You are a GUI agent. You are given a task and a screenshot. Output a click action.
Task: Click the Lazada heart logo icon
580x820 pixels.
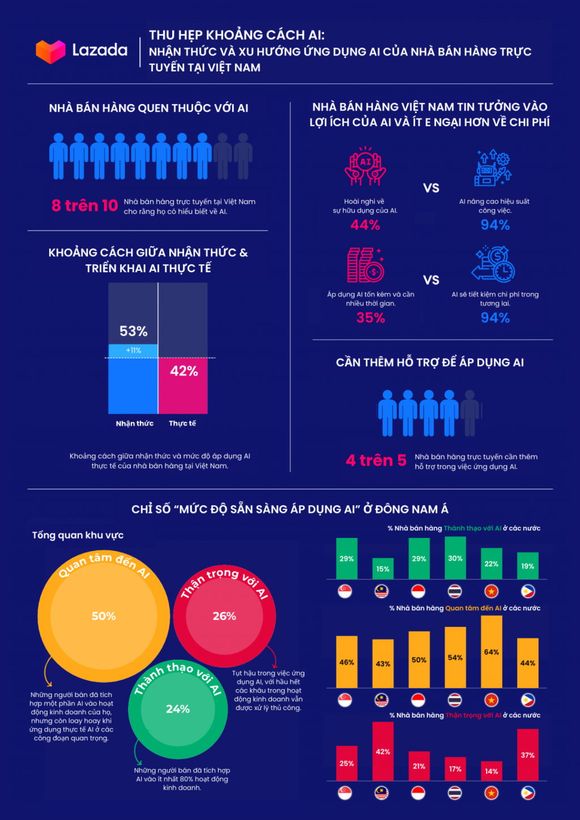point(50,51)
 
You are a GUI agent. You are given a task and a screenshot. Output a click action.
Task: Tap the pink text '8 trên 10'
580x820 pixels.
point(84,206)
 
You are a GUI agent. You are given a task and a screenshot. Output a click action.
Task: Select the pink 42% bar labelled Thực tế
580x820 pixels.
point(183,385)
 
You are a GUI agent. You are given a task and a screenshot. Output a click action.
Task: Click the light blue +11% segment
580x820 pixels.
point(133,351)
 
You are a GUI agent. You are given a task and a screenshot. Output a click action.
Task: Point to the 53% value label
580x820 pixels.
point(133,331)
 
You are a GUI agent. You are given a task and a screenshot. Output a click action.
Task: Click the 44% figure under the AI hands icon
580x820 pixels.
point(365,225)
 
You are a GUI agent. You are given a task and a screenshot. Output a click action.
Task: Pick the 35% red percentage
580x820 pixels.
point(371,318)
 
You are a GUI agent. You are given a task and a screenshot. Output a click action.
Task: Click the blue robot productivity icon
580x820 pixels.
point(493,168)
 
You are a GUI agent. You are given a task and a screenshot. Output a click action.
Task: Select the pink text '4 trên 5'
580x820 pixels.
point(376,460)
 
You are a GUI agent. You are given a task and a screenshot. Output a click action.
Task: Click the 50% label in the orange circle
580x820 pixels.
point(104,616)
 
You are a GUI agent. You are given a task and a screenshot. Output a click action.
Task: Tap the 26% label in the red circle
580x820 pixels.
point(224,616)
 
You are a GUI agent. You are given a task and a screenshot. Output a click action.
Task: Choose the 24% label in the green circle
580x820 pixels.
point(178,709)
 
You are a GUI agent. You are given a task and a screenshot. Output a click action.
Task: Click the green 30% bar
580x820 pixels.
point(455,558)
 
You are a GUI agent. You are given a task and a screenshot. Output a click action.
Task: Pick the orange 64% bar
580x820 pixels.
point(492,652)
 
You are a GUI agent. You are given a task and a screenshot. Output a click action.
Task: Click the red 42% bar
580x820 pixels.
point(383,751)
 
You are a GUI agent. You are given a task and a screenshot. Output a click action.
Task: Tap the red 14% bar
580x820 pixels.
point(492,771)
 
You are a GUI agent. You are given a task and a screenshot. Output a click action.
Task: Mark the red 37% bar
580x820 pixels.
point(528,755)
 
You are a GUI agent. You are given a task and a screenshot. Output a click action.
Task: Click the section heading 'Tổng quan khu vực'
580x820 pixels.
point(78,535)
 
